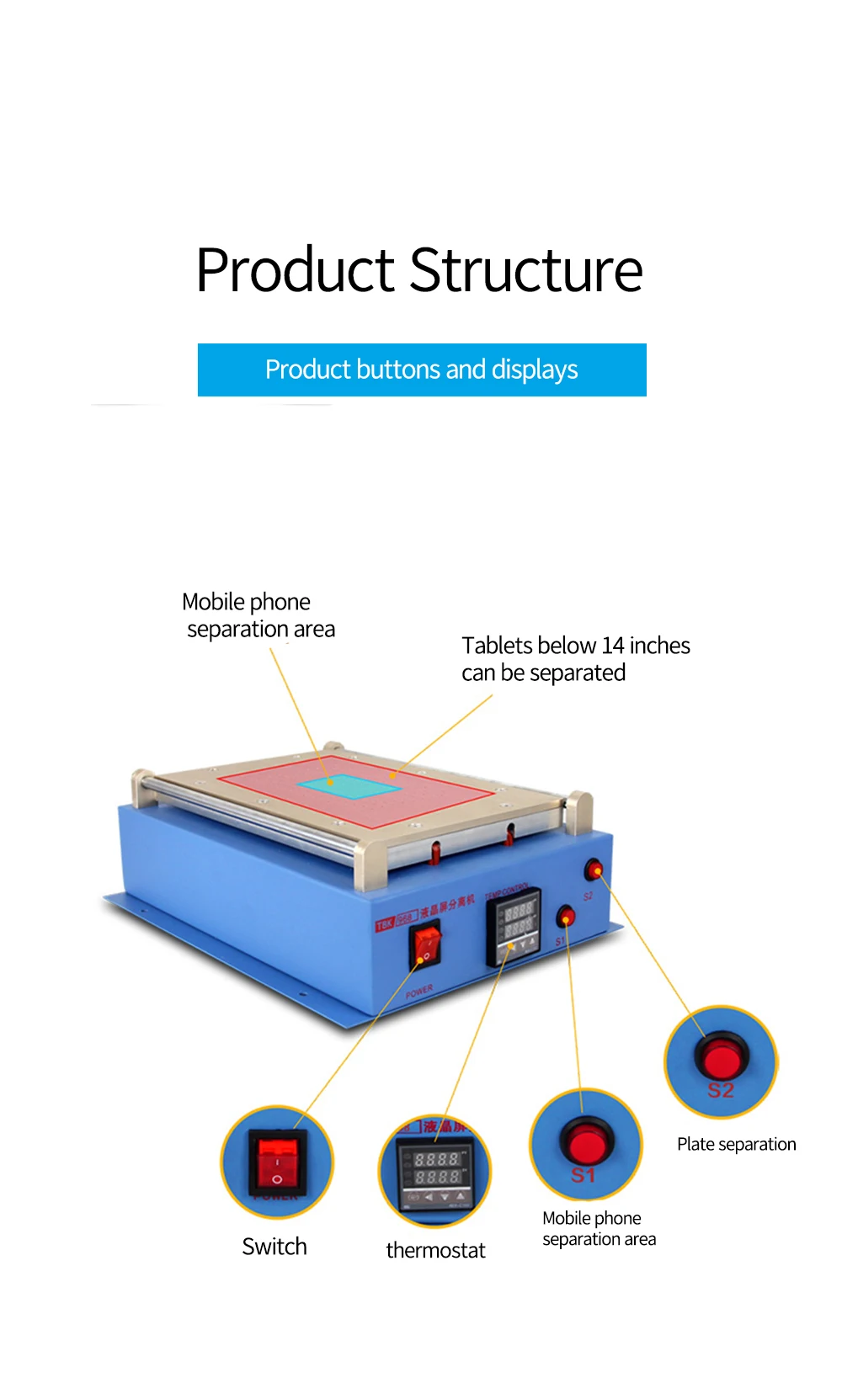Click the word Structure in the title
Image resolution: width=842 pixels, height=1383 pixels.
[527, 271]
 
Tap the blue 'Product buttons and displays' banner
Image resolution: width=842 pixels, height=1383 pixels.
[422, 370]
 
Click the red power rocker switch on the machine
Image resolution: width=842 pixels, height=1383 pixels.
[426, 944]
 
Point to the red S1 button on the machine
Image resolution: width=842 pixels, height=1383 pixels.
[567, 916]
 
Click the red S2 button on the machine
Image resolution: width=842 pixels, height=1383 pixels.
[594, 869]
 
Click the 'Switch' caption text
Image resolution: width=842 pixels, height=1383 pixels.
[274, 1247]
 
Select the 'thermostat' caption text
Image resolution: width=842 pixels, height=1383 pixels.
[435, 1250]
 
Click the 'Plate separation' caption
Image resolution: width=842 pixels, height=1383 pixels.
[736, 1144]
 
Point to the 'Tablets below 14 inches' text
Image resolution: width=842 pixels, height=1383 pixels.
[575, 646]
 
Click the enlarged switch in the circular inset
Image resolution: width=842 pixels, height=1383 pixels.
[277, 1162]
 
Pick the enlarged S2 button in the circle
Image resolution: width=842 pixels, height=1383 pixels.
[722, 1057]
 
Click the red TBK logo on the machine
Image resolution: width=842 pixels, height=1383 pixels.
[385, 924]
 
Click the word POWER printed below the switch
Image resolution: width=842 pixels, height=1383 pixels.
[419, 991]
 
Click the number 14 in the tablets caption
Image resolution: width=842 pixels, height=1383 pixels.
[613, 646]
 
